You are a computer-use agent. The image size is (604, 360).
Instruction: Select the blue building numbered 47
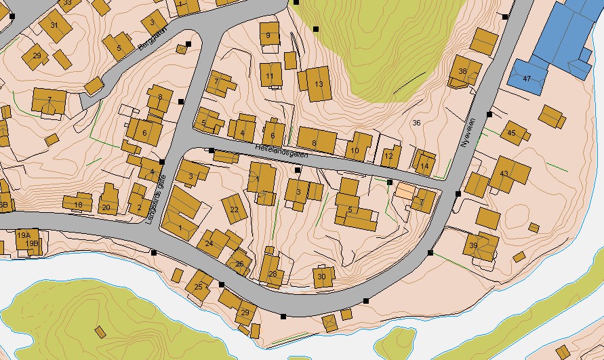526,78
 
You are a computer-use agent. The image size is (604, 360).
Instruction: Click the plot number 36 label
416,123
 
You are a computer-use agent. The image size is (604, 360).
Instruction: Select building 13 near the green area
319,84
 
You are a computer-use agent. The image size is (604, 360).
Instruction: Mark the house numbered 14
424,165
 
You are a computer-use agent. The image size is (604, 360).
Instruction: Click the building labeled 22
235,209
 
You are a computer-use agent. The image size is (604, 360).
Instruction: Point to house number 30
322,277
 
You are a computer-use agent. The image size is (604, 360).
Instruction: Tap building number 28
273,274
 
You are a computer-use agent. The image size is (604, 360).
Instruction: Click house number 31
54,26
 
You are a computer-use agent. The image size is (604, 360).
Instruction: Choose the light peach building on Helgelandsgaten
404,191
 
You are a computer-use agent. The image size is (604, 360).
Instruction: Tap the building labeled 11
270,75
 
